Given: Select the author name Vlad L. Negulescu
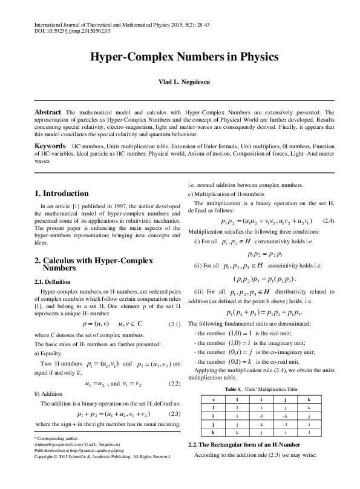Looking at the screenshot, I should pos(180,82).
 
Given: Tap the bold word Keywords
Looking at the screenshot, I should pos(50,147).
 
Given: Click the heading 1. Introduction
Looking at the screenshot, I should pos(62,194).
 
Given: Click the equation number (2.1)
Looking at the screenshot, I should pos(173,325).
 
